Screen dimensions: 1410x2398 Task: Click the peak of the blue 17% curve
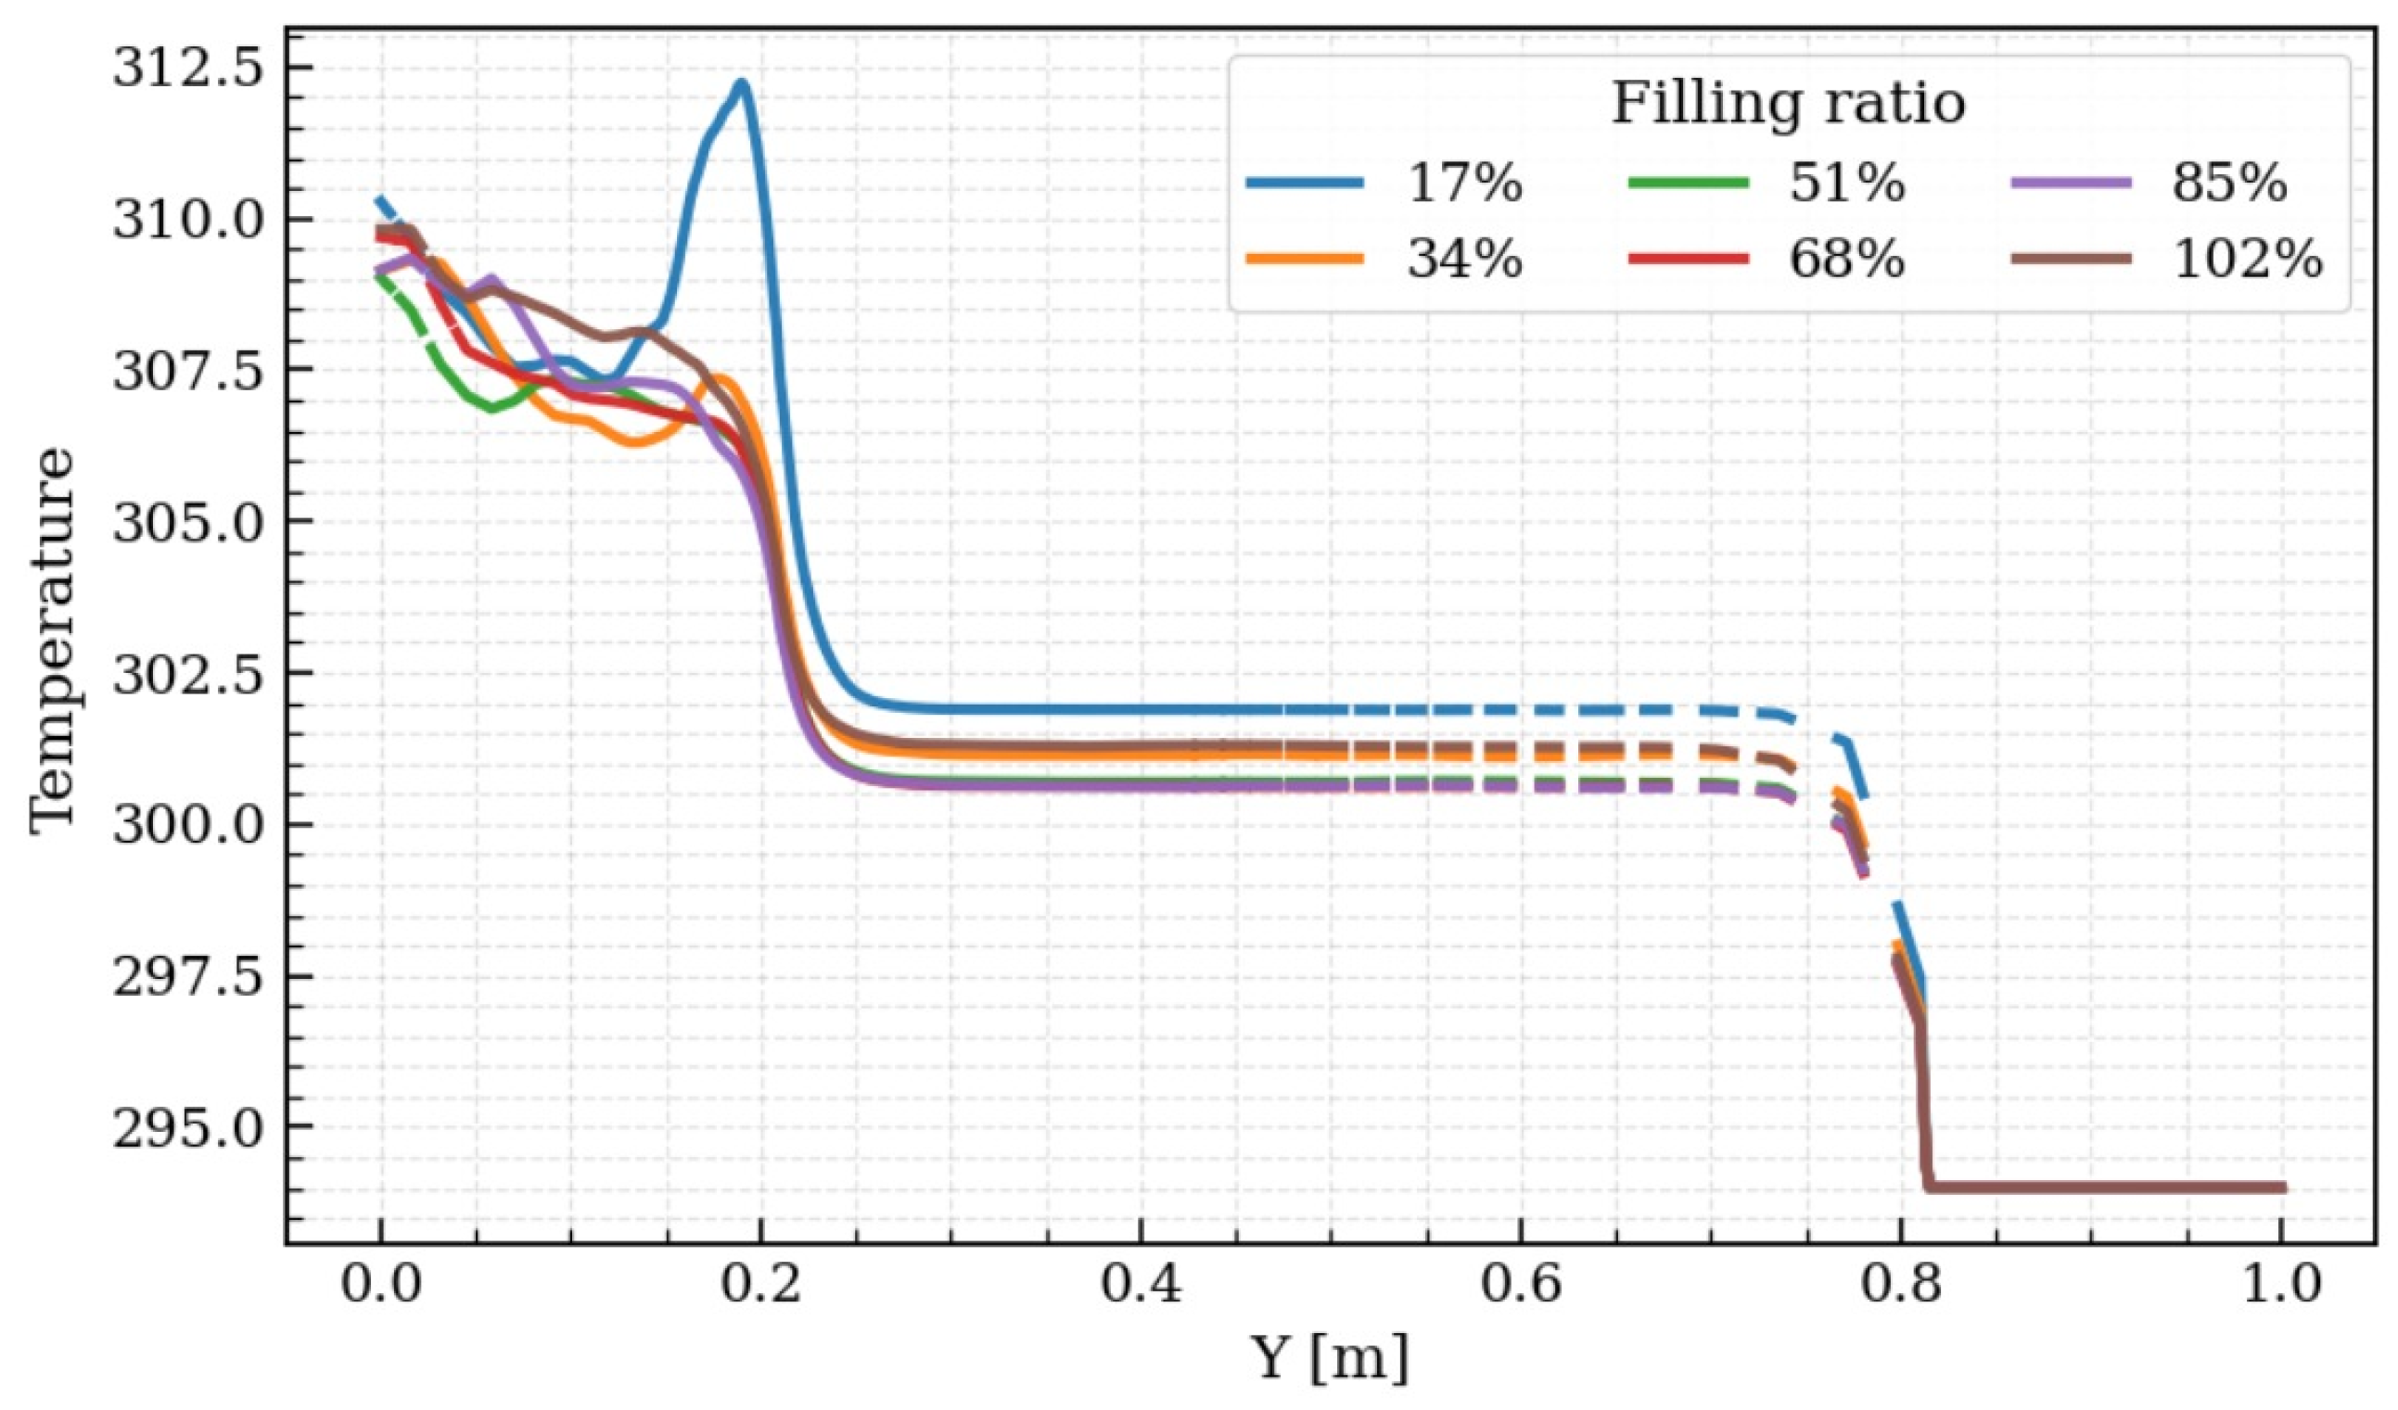tap(741, 83)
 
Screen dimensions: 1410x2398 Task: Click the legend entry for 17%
tap(1465, 183)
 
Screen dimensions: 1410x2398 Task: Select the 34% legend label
tap(1465, 258)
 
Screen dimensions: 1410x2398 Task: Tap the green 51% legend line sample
tap(1689, 183)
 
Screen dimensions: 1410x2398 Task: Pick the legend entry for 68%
tap(1847, 258)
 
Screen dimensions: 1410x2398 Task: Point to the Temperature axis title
tap(51, 643)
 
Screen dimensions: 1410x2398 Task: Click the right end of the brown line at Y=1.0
tap(2282, 1188)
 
